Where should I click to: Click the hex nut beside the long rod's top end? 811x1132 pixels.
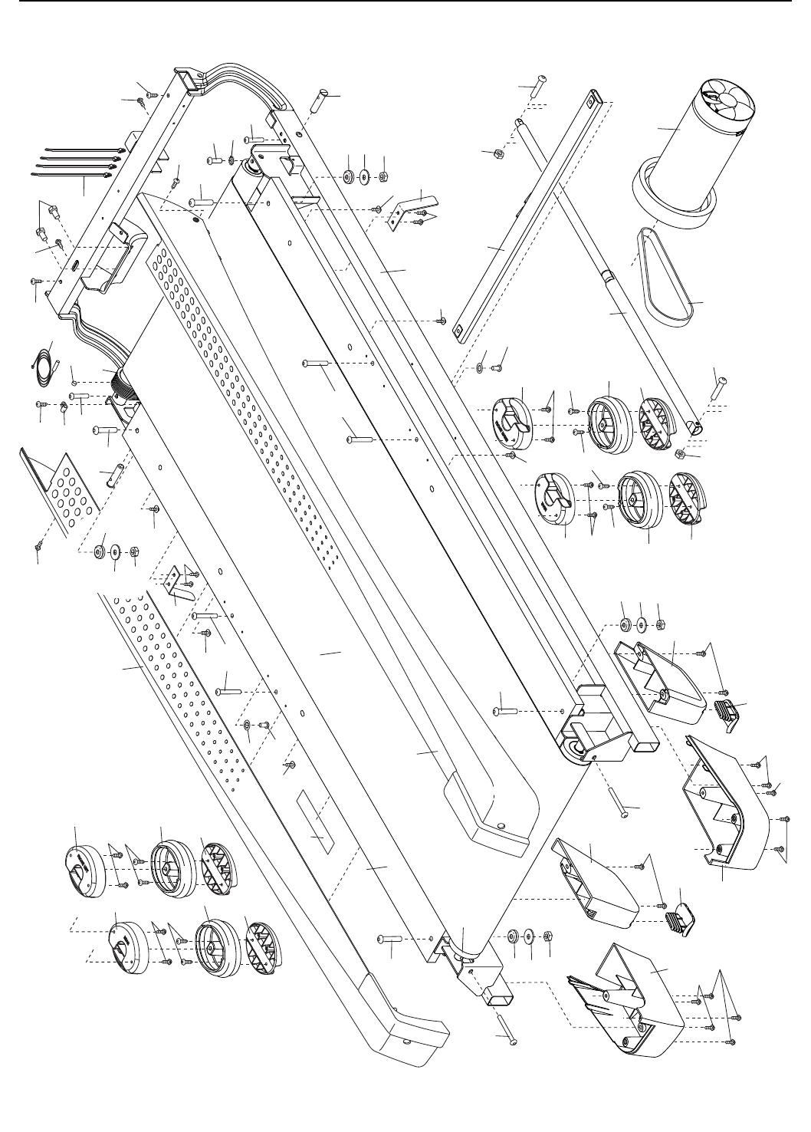498,153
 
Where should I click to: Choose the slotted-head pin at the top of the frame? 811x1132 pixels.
323,97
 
